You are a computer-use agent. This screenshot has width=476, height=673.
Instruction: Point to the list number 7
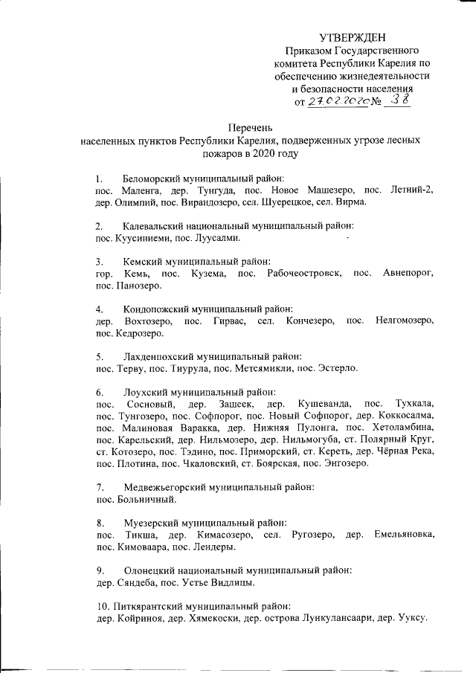point(99,488)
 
